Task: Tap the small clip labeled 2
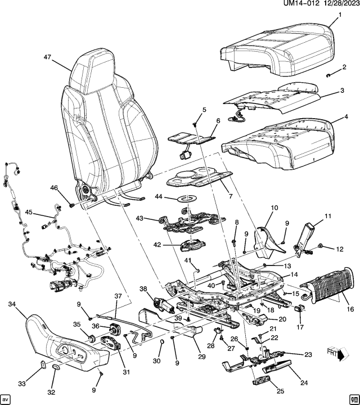pos(328,75)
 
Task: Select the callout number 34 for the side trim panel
pos(12,304)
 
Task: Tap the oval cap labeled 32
pos(57,367)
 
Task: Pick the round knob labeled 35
pos(88,338)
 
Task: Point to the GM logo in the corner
pos(354,399)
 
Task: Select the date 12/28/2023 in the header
pos(339,4)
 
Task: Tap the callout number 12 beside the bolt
pos(339,248)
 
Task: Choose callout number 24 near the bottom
pos(304,383)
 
